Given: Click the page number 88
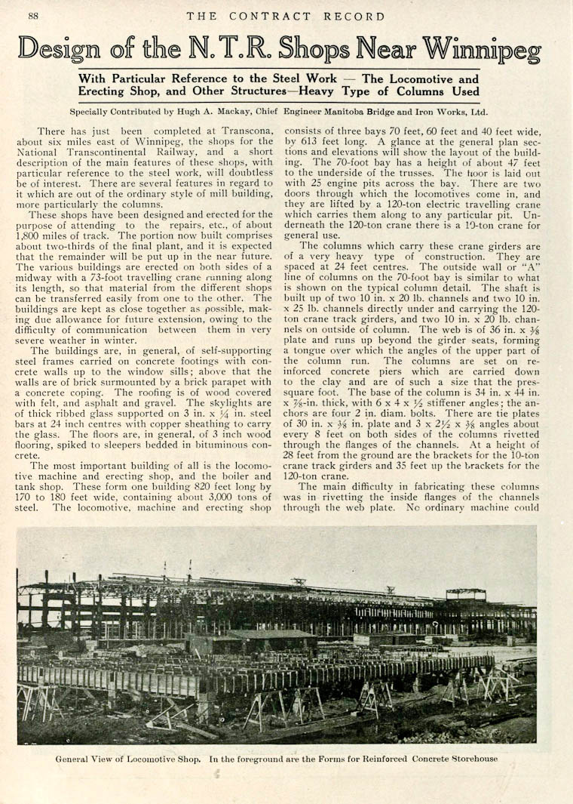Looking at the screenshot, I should (x=34, y=16).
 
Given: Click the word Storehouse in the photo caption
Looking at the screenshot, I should (x=473, y=758).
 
